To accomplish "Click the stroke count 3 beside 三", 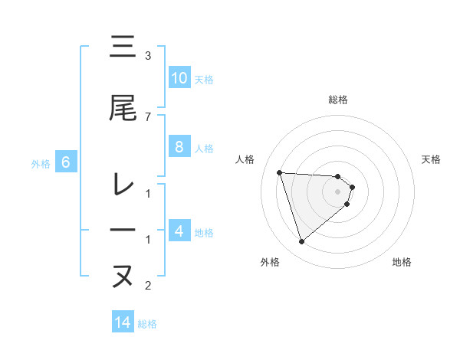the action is [148, 56].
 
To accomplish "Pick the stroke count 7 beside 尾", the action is [148, 116].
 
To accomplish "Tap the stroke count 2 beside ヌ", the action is [148, 286].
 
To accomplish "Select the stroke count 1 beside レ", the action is [148, 193].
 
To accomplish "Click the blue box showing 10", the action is [179, 78].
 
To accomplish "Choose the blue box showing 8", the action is [179, 147].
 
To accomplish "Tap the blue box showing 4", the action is [179, 231].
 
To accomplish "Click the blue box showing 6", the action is [66, 162].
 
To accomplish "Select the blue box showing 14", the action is [123, 323].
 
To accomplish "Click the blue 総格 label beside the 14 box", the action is [147, 324].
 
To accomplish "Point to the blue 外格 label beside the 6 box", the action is [40, 163].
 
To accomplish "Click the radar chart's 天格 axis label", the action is [432, 159].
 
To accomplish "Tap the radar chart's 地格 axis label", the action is [402, 262].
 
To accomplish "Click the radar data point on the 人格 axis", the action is [280, 172].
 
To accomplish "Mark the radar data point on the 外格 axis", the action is [301, 242].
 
